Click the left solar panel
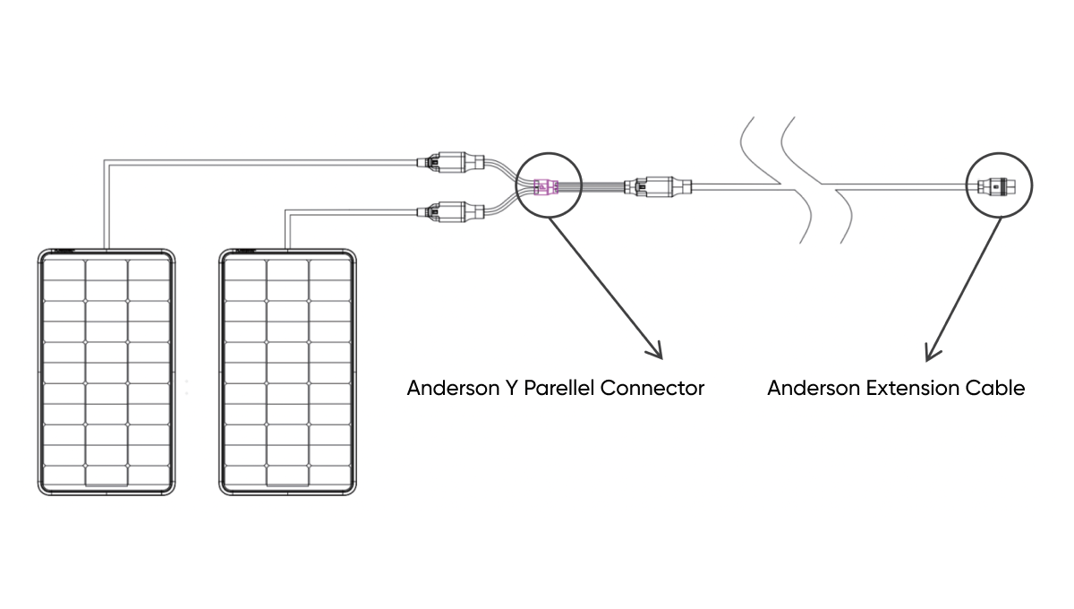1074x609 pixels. point(107,372)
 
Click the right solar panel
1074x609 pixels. point(287,372)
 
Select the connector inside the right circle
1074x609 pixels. point(993,187)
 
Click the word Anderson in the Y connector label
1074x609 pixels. point(446,389)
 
